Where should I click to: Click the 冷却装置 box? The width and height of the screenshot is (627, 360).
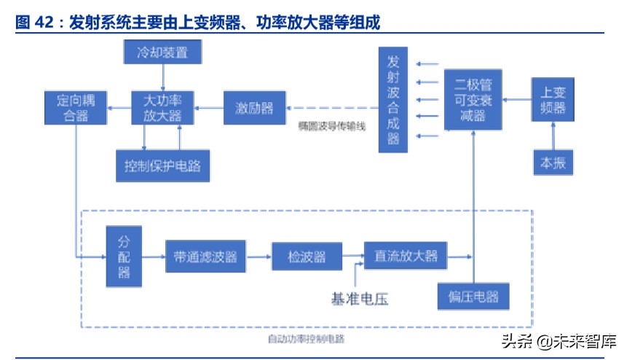[x=162, y=52]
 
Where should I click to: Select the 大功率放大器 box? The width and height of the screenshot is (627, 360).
[x=162, y=107]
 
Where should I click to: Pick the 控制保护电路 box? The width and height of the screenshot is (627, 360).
[x=162, y=165]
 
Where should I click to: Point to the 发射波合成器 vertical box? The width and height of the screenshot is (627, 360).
[x=394, y=98]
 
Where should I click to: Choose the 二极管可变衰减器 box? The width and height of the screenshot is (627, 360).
[x=473, y=100]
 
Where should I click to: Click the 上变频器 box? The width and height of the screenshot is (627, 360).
[x=553, y=100]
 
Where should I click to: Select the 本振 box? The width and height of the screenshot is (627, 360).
[x=553, y=163]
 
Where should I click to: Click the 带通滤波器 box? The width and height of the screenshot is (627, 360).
[x=205, y=256]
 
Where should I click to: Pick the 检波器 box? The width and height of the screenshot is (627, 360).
[x=306, y=256]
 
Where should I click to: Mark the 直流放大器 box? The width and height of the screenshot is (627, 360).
[x=406, y=256]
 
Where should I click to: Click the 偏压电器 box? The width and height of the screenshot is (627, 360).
[x=473, y=297]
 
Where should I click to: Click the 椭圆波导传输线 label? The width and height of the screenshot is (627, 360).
[x=331, y=125]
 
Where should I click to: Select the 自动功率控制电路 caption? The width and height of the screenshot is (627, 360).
[x=306, y=339]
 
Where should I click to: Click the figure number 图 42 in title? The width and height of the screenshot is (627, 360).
[x=33, y=23]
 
